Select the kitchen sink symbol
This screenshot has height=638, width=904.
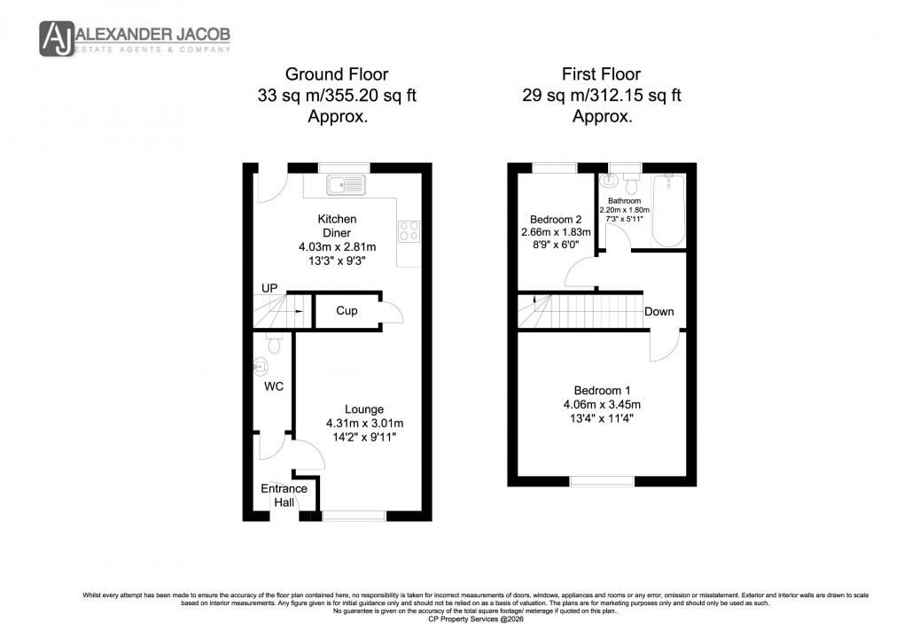(x=347, y=185)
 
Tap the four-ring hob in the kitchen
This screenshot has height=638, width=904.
(x=409, y=231)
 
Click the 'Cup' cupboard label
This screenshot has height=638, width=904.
(x=347, y=311)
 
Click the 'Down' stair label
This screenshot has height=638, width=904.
(x=659, y=311)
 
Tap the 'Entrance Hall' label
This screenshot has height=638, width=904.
(x=284, y=495)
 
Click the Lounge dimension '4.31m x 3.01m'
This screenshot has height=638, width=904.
(x=364, y=423)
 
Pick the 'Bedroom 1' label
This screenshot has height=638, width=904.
(x=602, y=390)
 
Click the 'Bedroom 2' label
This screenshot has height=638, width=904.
(x=556, y=220)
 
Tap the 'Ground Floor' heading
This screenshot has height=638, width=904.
(x=336, y=74)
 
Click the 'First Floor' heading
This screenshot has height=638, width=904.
(x=602, y=74)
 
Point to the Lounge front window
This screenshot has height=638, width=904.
(x=354, y=515)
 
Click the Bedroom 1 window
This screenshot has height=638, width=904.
(x=602, y=481)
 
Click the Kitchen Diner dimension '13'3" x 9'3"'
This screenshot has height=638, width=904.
(x=337, y=261)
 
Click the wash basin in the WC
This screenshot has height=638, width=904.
(x=260, y=365)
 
